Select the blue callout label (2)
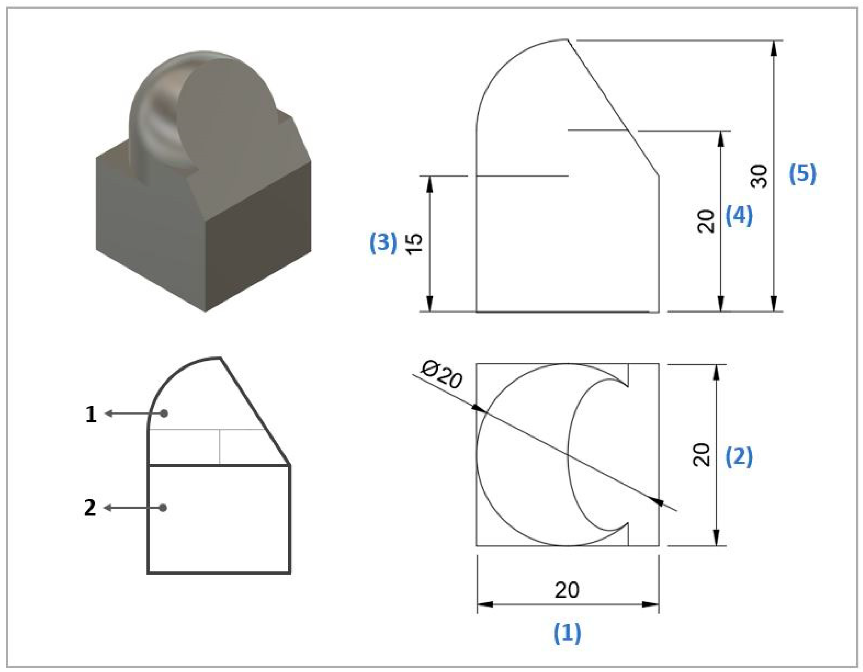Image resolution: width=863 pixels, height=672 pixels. (x=739, y=457)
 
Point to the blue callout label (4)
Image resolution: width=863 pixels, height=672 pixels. (x=739, y=216)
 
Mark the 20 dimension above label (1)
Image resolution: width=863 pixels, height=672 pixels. (x=567, y=590)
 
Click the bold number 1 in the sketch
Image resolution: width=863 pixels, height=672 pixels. (x=91, y=415)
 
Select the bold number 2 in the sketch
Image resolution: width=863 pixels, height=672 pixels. (x=90, y=508)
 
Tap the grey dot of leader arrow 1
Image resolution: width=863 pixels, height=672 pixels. (x=164, y=414)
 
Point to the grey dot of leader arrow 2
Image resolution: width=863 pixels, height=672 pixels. (x=163, y=508)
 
